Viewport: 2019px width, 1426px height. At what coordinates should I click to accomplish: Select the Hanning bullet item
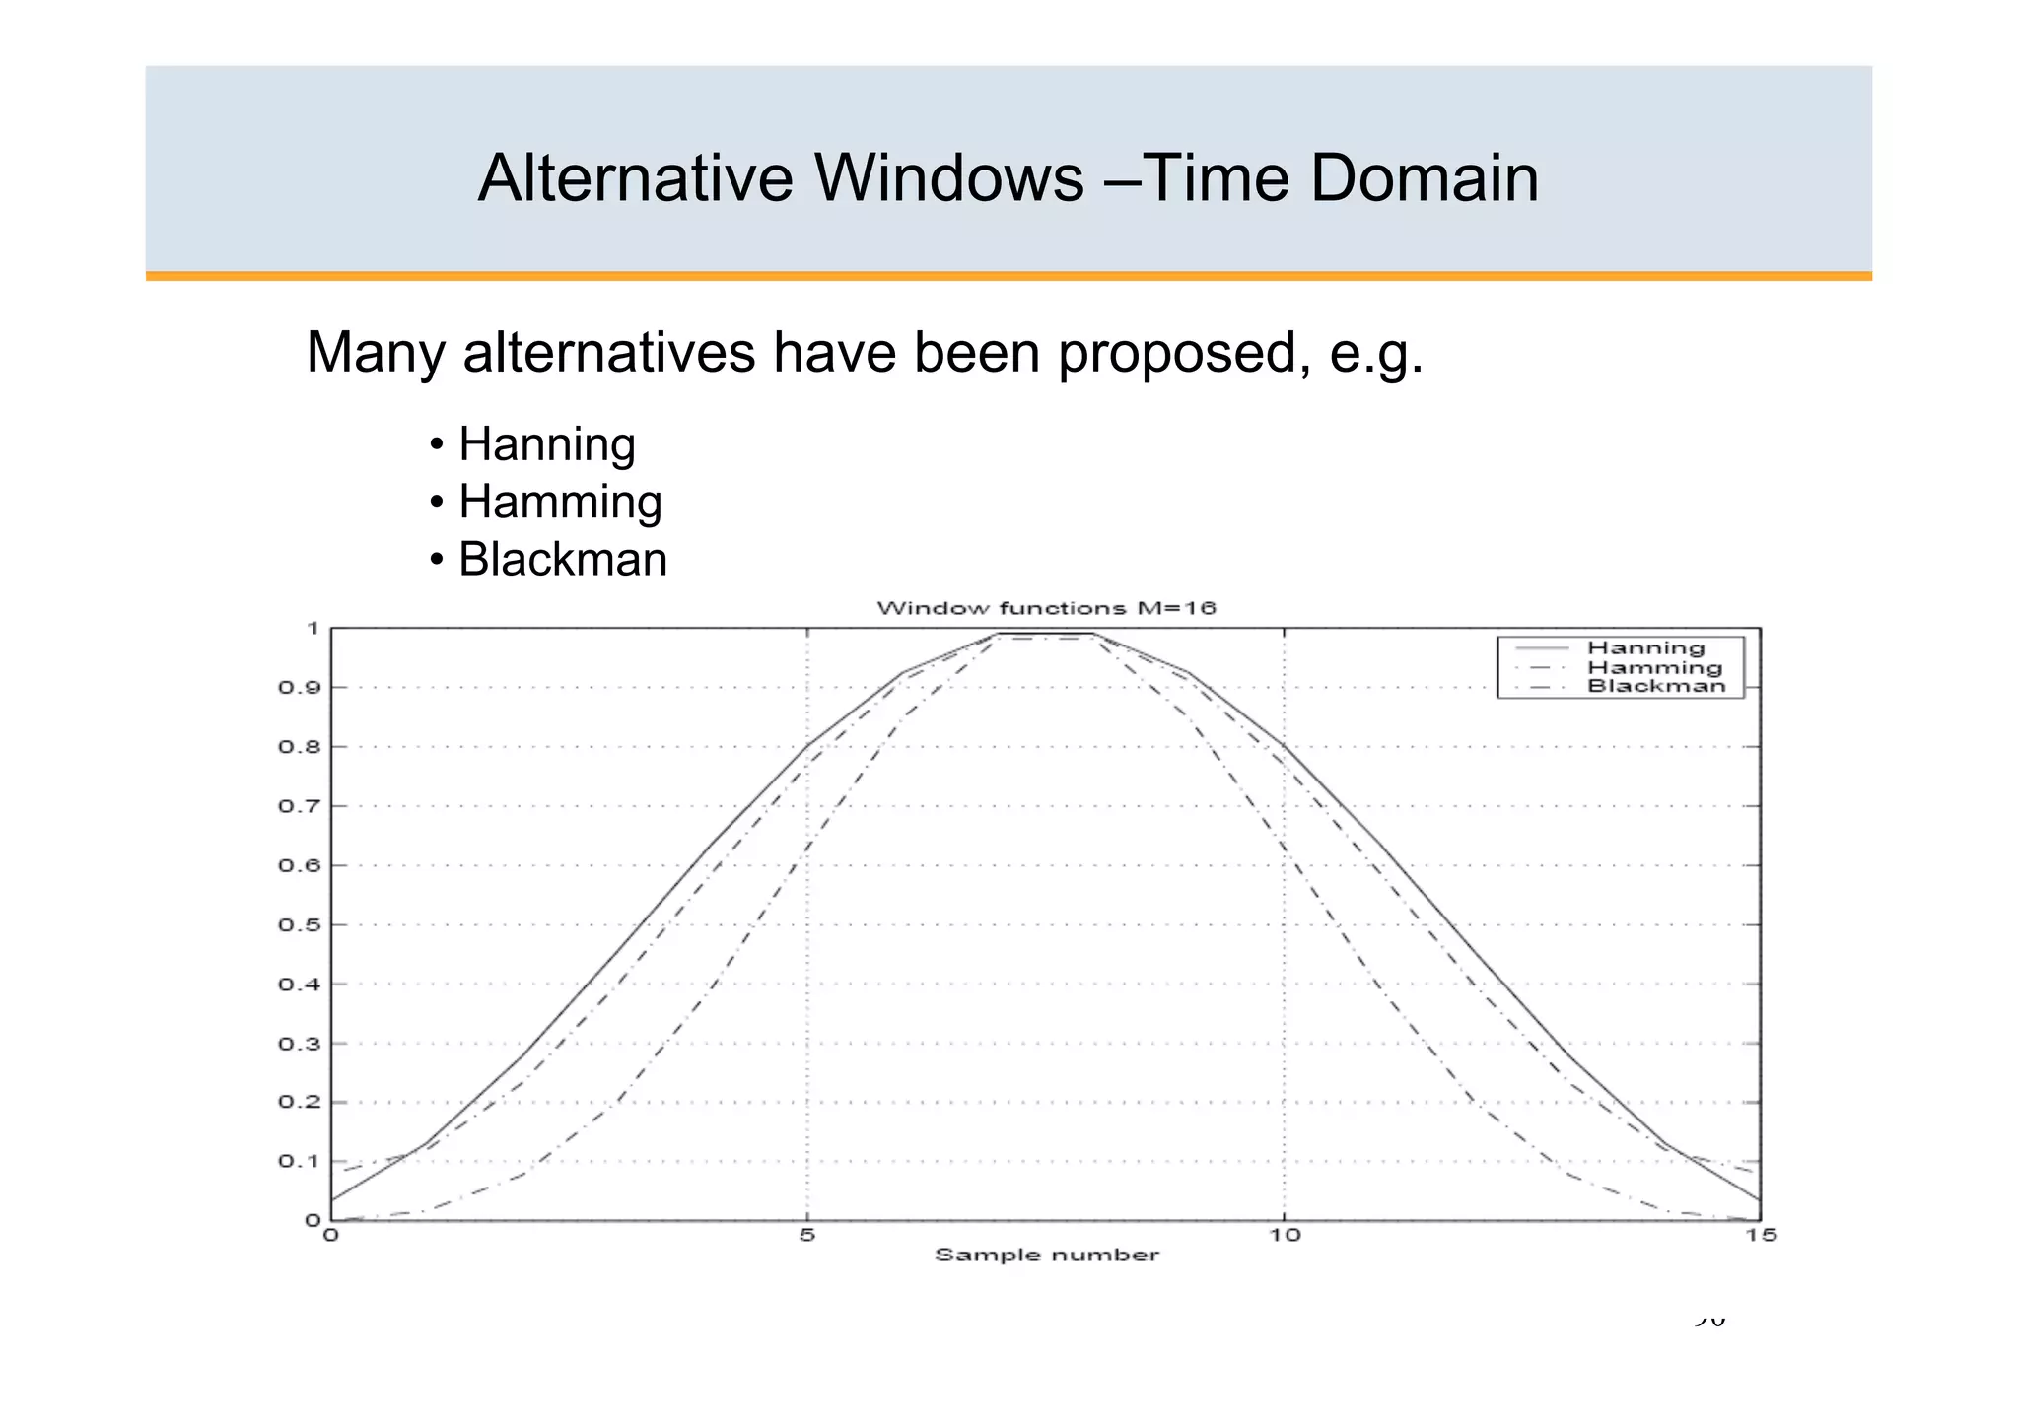click(546, 444)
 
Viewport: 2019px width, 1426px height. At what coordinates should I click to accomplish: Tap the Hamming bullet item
click(560, 502)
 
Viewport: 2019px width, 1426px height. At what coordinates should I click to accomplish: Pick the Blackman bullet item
click(562, 560)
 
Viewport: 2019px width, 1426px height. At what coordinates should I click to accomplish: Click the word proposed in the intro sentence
click(1183, 353)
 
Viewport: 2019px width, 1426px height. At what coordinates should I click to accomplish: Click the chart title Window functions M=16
click(1046, 608)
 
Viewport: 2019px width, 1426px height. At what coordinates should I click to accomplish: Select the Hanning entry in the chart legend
click(1645, 648)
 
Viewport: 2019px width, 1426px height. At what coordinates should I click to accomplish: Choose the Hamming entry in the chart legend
click(1654, 667)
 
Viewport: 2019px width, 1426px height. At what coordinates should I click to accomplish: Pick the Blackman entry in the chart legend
click(1656, 686)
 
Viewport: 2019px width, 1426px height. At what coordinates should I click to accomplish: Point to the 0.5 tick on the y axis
click(299, 925)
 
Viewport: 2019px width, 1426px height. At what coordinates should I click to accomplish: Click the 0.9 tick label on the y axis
click(299, 688)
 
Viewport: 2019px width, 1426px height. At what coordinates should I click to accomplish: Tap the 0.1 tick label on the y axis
click(299, 1162)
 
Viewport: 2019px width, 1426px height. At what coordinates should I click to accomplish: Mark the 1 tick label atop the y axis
click(313, 628)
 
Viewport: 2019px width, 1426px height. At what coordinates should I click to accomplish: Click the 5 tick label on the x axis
click(807, 1235)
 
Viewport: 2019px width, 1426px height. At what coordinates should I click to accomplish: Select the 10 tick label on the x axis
click(1284, 1235)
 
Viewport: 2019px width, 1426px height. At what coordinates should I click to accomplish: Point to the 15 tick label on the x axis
click(1761, 1235)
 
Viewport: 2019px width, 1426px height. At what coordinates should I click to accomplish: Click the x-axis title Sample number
click(1046, 1256)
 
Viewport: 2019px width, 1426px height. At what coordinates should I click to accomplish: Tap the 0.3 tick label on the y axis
click(299, 1044)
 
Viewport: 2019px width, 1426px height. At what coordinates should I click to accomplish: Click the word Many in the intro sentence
click(375, 353)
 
